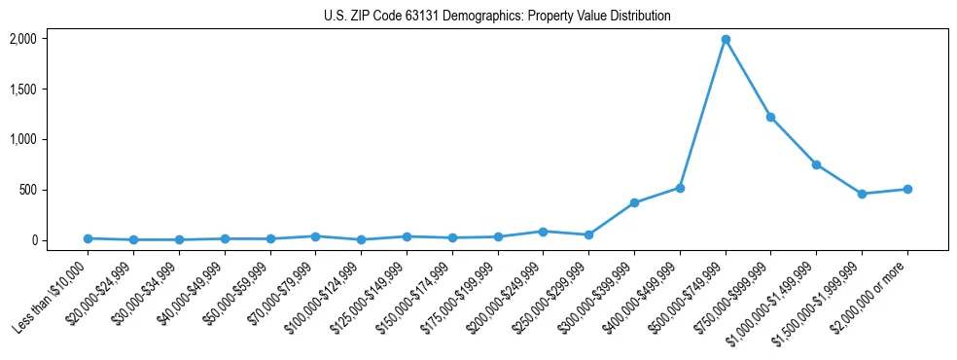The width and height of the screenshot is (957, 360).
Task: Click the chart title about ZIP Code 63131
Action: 497,17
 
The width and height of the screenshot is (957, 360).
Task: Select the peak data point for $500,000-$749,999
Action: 726,40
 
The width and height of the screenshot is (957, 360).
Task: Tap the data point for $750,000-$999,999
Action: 770,117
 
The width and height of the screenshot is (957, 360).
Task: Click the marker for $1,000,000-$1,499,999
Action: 816,164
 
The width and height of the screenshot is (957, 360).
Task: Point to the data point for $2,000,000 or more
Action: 907,189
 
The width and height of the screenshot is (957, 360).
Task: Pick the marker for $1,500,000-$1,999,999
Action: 862,194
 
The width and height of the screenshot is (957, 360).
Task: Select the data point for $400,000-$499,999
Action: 680,188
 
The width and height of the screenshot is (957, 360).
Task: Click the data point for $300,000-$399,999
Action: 634,202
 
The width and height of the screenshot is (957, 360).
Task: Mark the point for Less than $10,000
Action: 88,238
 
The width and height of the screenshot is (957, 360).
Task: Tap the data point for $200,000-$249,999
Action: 543,232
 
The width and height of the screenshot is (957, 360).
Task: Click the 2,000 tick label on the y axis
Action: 22,39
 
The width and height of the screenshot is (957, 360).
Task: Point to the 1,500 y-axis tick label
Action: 22,90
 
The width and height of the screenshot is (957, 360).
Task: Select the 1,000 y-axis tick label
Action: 22,139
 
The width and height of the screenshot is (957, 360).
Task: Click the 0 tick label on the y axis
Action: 33,240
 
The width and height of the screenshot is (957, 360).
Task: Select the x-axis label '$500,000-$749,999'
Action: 690,298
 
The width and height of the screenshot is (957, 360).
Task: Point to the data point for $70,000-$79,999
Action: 315,236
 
